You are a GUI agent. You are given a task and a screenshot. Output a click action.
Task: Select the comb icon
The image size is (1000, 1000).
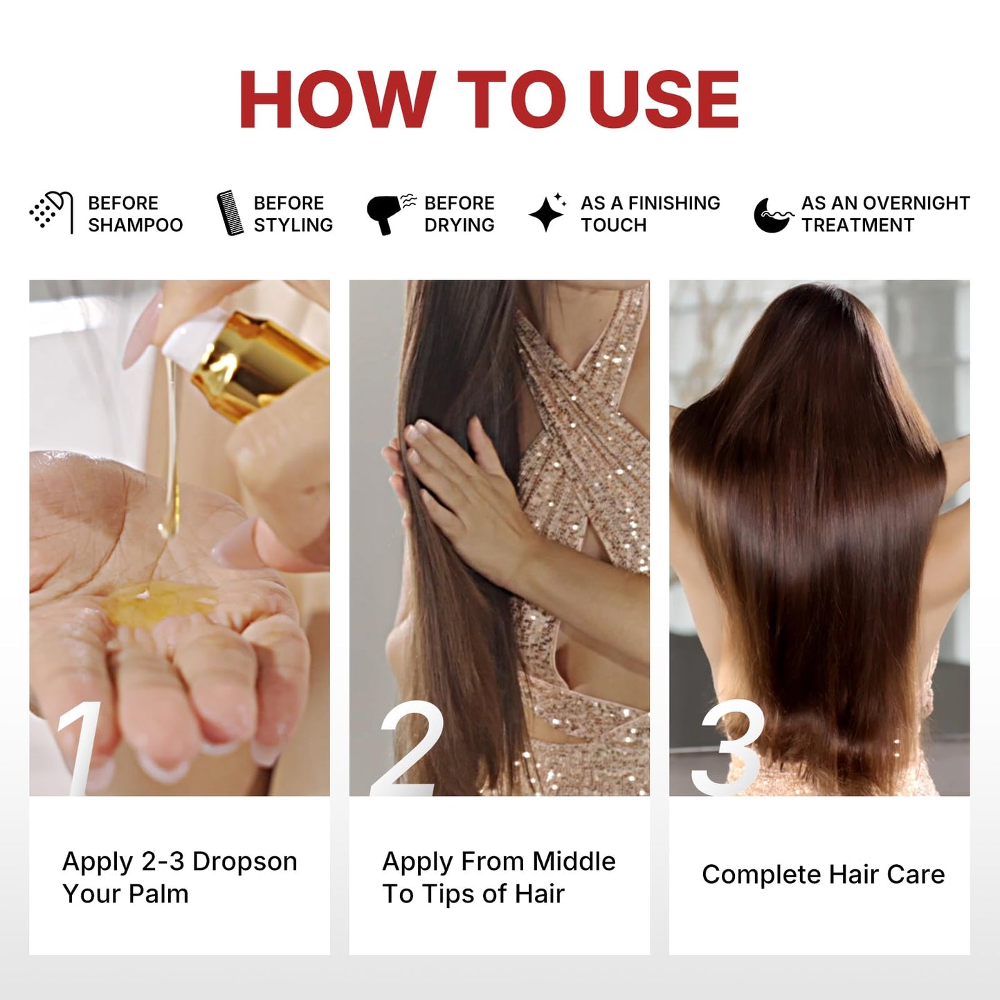(x=230, y=212)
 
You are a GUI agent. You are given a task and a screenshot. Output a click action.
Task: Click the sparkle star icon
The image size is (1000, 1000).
(x=547, y=212)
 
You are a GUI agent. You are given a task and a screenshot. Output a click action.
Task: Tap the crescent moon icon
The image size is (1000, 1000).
(x=773, y=215)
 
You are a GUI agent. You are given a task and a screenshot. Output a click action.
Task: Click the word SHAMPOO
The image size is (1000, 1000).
(x=136, y=225)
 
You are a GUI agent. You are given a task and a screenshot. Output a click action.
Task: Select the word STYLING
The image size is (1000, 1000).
(x=293, y=225)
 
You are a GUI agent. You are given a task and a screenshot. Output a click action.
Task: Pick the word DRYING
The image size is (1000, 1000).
(x=460, y=225)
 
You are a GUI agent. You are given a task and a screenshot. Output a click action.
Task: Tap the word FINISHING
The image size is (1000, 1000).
(x=674, y=203)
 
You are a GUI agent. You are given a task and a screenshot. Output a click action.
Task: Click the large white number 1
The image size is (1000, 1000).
(x=78, y=747)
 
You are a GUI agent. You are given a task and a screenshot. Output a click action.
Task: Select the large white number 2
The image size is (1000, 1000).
(x=408, y=748)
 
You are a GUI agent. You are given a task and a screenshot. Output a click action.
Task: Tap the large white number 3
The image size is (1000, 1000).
(x=729, y=748)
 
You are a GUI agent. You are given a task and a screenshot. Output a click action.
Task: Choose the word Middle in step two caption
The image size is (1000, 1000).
(x=574, y=862)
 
